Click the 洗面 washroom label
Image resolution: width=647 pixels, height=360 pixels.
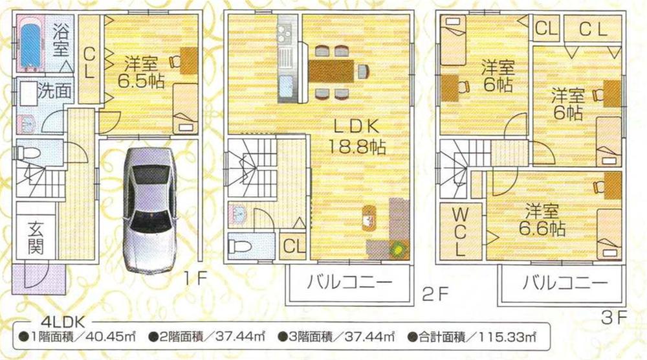(x=54, y=91)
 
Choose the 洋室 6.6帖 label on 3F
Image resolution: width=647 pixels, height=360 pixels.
(x=542, y=219)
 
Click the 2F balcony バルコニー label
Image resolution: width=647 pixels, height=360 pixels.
(x=349, y=283)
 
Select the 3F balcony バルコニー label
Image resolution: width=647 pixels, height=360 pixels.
(x=565, y=283)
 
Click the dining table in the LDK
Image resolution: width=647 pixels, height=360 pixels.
(x=331, y=71)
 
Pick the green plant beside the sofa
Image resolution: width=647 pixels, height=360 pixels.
(x=397, y=248)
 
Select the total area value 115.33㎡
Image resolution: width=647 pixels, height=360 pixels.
(x=511, y=337)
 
